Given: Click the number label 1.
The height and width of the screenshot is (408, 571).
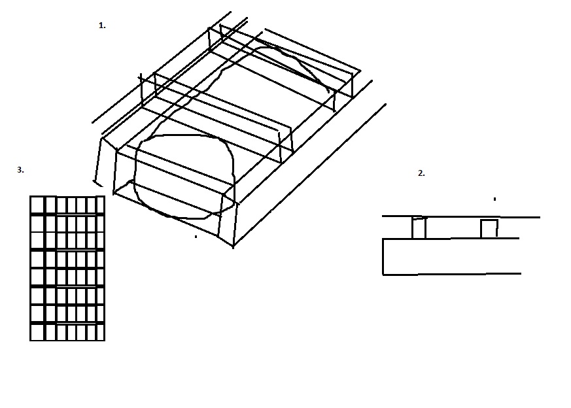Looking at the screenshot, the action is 102,25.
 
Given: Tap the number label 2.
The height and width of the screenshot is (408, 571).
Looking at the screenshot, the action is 421,173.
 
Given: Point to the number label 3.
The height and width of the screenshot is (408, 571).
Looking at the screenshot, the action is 20,169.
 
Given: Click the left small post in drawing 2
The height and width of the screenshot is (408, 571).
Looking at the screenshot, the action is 419,228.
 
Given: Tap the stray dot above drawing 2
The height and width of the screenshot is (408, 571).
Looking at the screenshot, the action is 494,199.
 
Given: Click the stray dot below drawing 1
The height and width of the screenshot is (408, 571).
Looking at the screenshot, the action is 196,237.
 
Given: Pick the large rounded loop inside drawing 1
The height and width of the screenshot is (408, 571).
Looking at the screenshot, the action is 135,175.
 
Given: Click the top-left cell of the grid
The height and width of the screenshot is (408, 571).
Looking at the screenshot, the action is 37,205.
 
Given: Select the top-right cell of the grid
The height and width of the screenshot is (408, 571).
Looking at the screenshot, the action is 100,205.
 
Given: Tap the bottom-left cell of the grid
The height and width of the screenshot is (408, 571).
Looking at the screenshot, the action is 37,332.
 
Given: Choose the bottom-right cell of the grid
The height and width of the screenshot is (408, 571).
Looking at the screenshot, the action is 100,332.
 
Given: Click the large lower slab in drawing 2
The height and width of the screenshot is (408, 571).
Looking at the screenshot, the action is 451,256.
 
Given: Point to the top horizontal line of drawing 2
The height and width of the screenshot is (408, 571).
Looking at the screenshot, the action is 461,217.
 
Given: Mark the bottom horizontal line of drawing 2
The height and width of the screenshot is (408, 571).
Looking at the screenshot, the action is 452,274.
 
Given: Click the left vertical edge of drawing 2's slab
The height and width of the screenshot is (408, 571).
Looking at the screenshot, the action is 383,256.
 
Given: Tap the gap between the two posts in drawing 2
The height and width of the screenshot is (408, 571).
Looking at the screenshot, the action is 453,228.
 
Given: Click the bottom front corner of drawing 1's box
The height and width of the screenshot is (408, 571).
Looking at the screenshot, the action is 233,246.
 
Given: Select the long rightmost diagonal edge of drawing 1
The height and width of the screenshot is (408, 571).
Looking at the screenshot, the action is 309,175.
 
